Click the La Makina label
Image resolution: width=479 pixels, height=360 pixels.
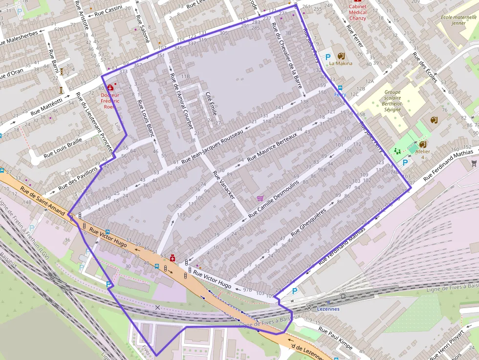click(341, 64)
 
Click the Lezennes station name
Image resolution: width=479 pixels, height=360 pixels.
click(328, 309)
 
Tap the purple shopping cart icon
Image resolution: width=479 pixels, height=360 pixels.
click(260, 198)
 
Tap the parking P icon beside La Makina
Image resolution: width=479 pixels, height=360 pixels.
click(328, 57)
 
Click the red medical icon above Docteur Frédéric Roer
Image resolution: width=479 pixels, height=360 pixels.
click(109, 87)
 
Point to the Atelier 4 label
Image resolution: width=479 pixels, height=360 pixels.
click(423, 154)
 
